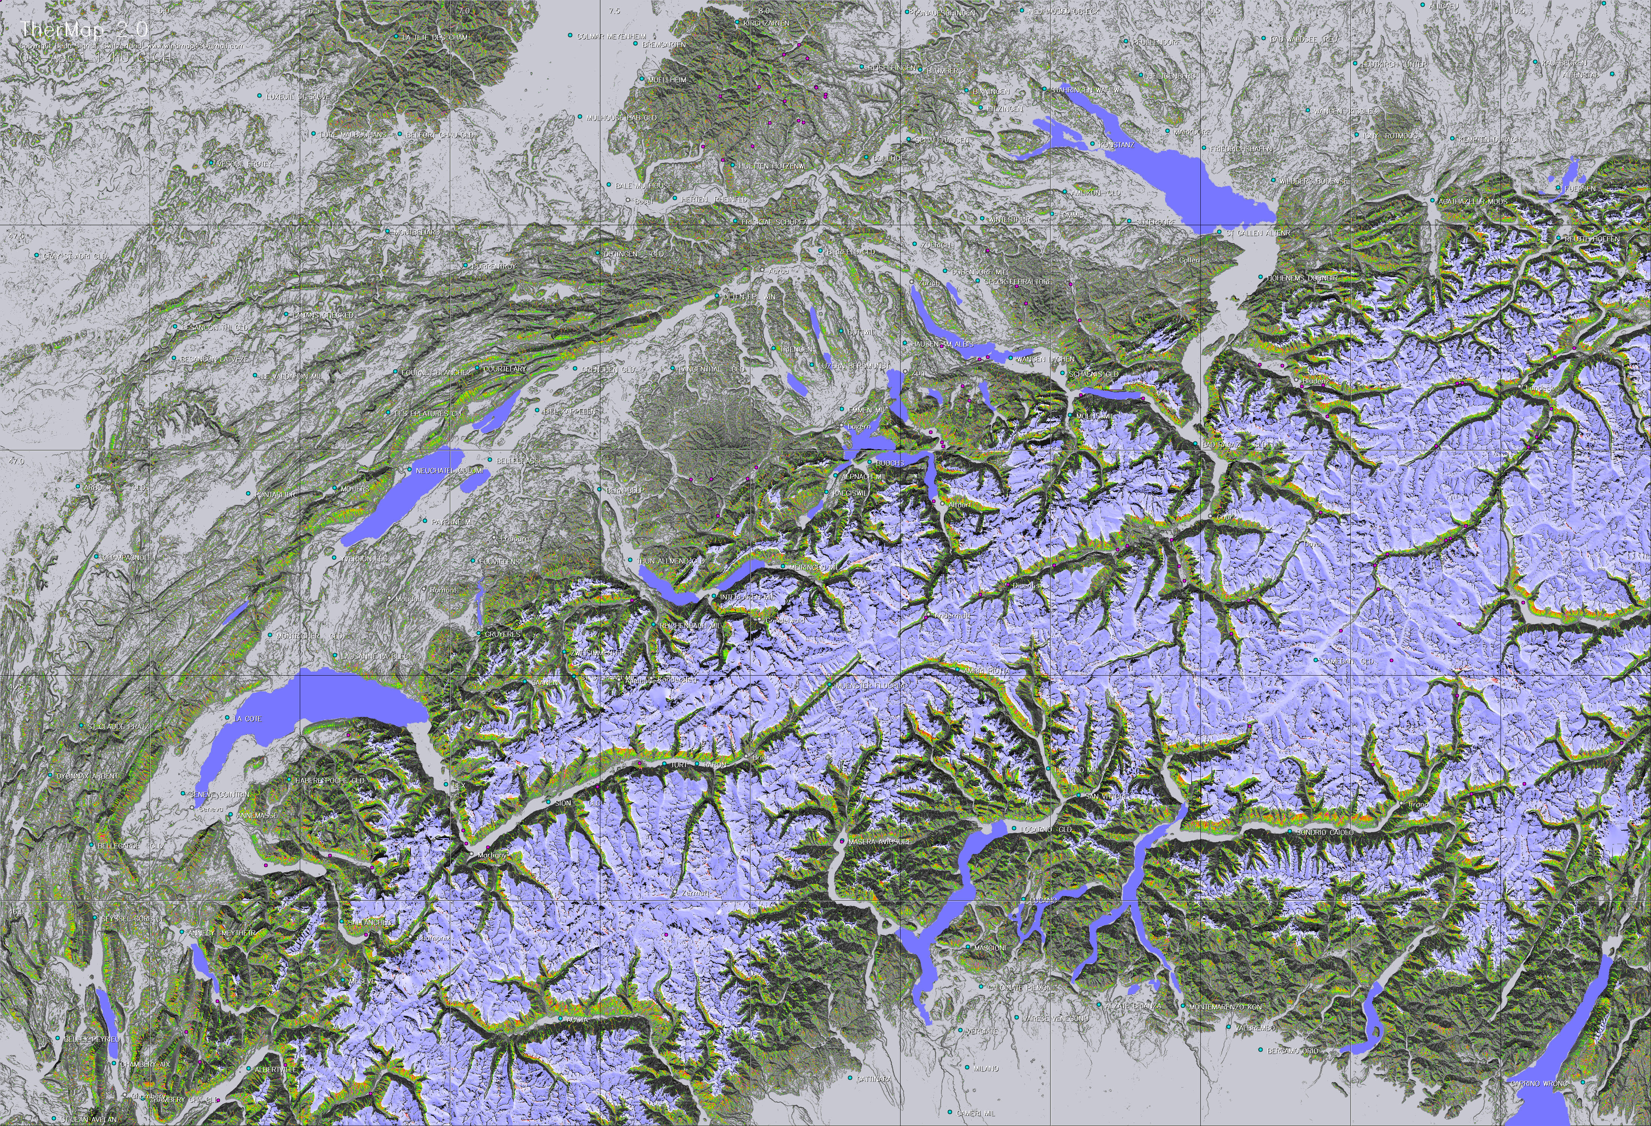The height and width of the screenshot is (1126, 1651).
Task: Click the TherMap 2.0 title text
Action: coord(84,29)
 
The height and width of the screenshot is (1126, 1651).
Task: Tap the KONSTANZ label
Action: coord(1117,145)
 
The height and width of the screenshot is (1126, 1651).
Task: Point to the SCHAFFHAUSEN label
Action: coord(941,140)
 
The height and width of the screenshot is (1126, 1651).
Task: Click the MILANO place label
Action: coord(986,1068)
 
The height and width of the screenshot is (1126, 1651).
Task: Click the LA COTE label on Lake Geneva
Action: coord(248,719)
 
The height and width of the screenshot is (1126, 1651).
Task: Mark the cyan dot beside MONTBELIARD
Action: coord(388,232)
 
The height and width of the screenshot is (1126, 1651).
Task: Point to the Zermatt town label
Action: coord(695,893)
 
